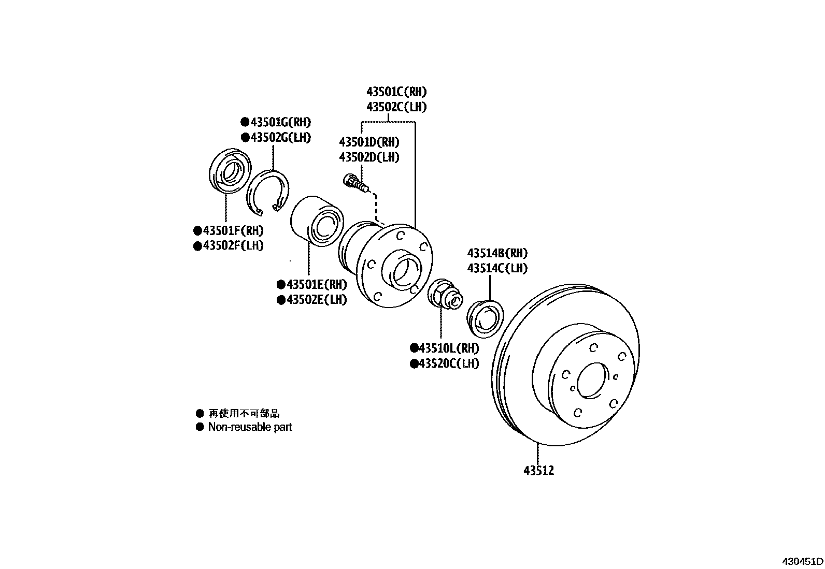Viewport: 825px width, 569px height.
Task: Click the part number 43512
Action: coord(538,471)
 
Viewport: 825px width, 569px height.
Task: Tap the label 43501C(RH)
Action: coord(396,92)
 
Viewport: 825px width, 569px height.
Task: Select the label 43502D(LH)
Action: coord(369,157)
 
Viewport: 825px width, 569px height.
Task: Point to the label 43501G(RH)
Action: coord(280,123)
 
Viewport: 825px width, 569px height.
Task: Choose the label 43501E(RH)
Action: coord(316,284)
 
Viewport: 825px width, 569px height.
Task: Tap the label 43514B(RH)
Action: coord(497,253)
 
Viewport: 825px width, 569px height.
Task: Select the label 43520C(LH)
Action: coord(448,363)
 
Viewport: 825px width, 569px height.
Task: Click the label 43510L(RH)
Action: coord(448,348)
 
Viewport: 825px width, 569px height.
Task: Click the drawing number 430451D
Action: coord(803,561)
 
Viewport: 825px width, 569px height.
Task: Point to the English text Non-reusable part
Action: coord(250,427)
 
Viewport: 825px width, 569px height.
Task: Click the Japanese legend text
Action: coord(244,413)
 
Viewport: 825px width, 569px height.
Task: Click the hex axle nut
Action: coord(439,293)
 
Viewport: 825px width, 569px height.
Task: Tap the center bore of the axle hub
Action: coord(402,269)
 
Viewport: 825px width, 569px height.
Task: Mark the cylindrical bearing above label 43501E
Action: coord(316,220)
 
